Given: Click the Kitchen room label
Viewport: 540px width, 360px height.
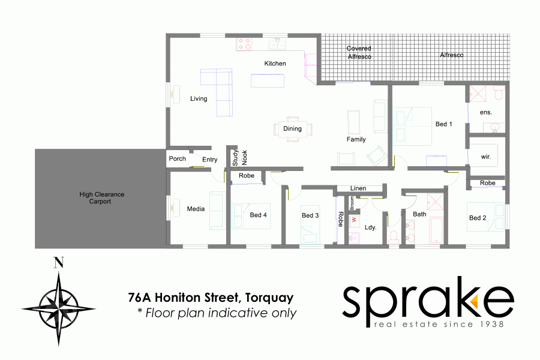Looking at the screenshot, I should click(x=275, y=64).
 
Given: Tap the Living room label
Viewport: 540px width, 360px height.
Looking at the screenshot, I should click(x=199, y=99).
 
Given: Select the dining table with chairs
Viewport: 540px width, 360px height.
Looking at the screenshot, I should click(x=292, y=128).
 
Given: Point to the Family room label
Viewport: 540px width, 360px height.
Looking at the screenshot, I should click(x=356, y=140).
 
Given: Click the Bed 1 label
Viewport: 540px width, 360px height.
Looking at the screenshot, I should click(x=443, y=124).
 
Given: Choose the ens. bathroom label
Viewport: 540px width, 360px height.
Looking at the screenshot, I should click(x=486, y=112).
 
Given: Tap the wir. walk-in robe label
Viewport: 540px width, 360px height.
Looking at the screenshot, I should click(x=486, y=157).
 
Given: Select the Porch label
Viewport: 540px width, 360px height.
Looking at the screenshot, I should click(x=178, y=159).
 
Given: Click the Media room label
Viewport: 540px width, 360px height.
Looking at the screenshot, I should click(x=196, y=209).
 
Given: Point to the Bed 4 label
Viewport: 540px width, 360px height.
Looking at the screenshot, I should click(x=259, y=215).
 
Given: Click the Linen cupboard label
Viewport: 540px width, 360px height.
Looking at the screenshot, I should click(x=358, y=189).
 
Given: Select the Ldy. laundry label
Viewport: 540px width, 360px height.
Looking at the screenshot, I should click(x=370, y=227).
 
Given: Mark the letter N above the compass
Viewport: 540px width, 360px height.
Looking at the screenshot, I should click(x=58, y=262).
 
